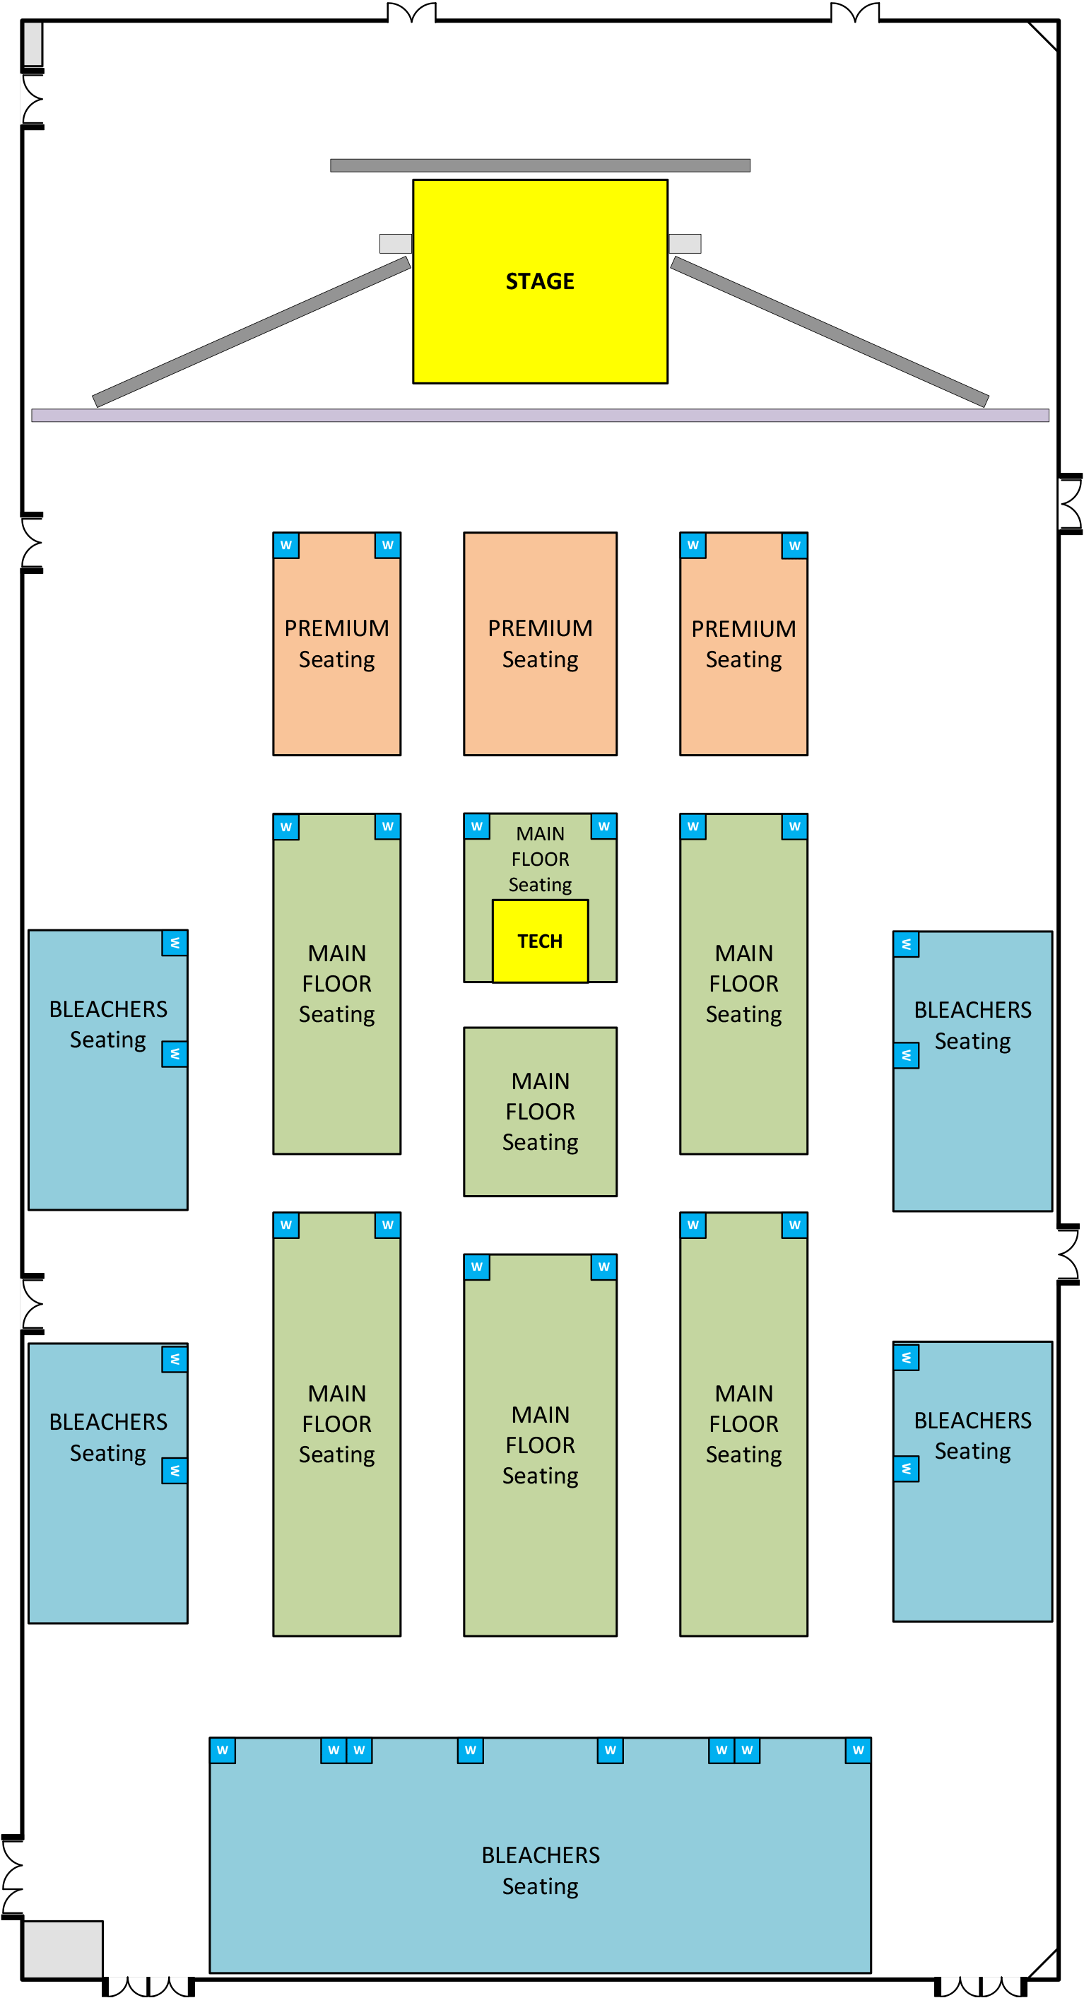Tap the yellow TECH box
[x=540, y=941]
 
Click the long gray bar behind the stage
[x=540, y=165]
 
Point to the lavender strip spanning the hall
[x=540, y=415]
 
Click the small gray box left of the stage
[x=395, y=244]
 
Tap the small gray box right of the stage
[x=685, y=244]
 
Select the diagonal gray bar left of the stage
[x=252, y=331]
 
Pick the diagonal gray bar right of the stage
[x=829, y=331]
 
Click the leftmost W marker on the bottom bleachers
[x=223, y=1750]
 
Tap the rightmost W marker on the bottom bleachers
[x=858, y=1750]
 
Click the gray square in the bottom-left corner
[x=63, y=1949]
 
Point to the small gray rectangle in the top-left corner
[x=33, y=45]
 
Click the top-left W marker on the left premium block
[x=286, y=545]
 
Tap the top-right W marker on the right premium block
[x=794, y=545]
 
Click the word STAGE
[x=540, y=281]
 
